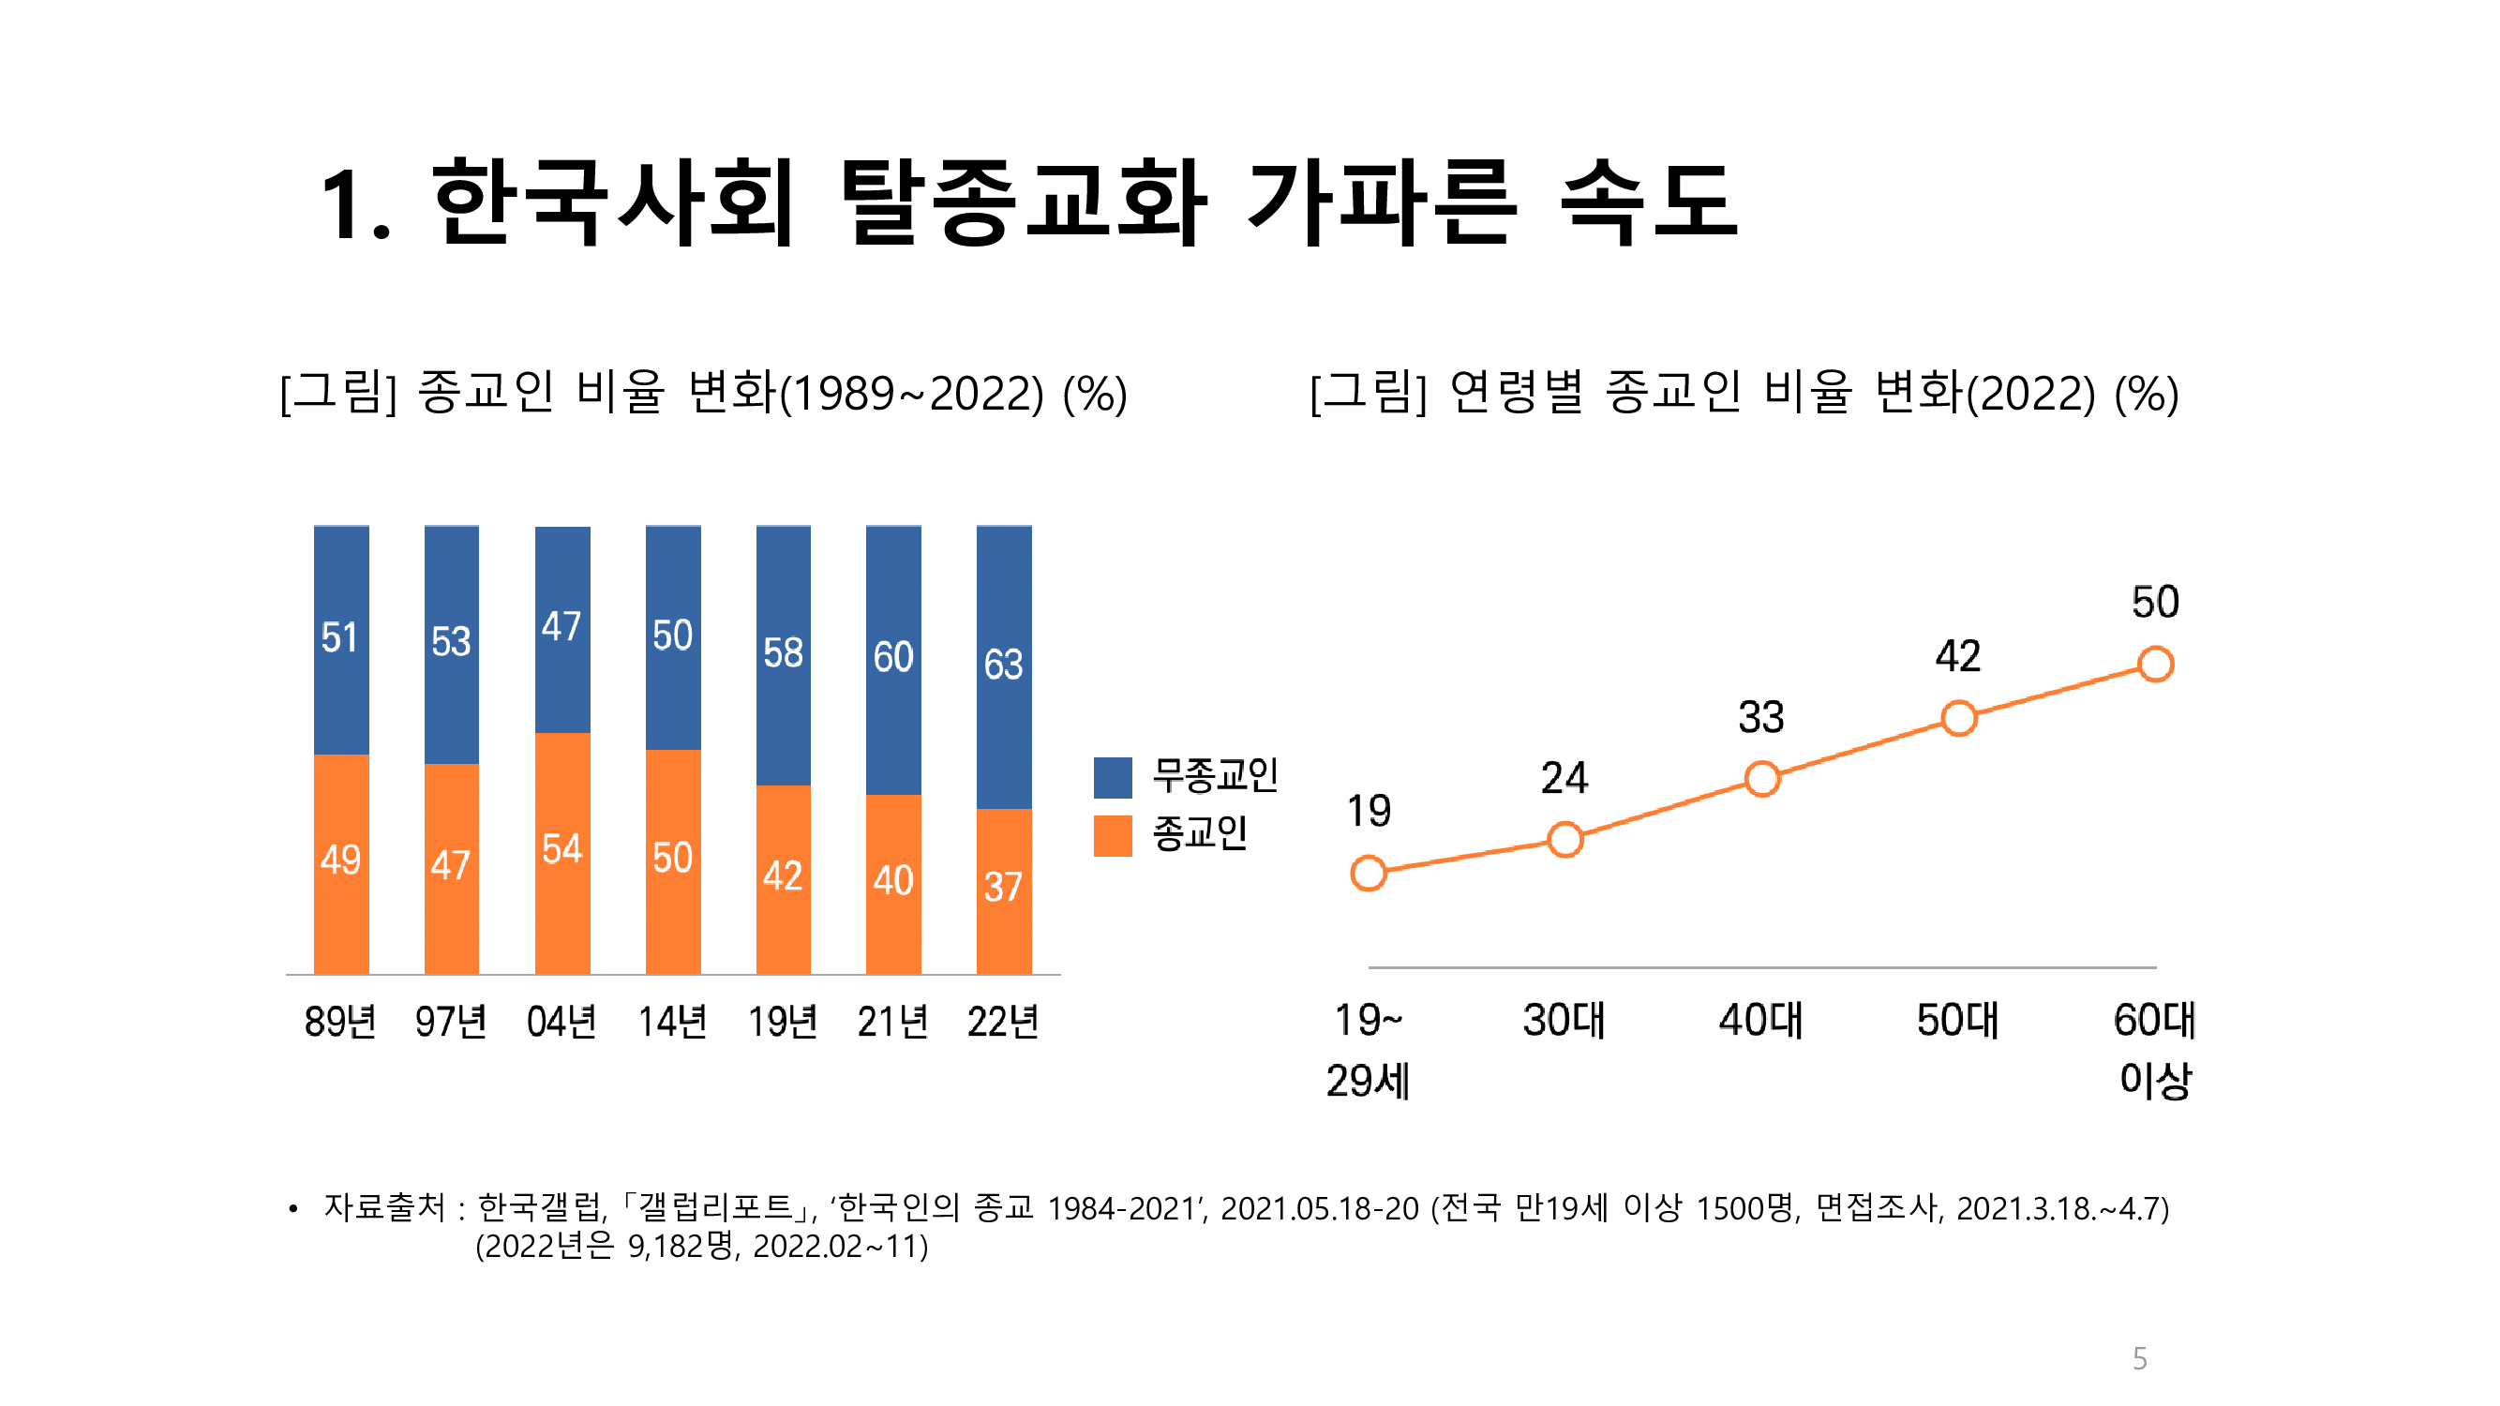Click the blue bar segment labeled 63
[1004, 666]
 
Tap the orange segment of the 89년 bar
[340, 862]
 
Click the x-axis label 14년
[671, 1022]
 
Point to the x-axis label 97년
[450, 1022]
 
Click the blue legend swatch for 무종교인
[1112, 777]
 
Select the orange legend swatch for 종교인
[1112, 835]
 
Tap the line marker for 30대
[1564, 839]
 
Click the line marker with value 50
[2154, 665]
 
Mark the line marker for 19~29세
[1368, 874]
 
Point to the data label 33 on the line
[1760, 718]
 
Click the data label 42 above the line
[1957, 657]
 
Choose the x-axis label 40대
[1760, 1021]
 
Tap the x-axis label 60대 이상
[2154, 1050]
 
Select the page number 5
[2139, 1358]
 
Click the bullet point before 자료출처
[293, 1209]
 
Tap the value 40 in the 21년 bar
[892, 881]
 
